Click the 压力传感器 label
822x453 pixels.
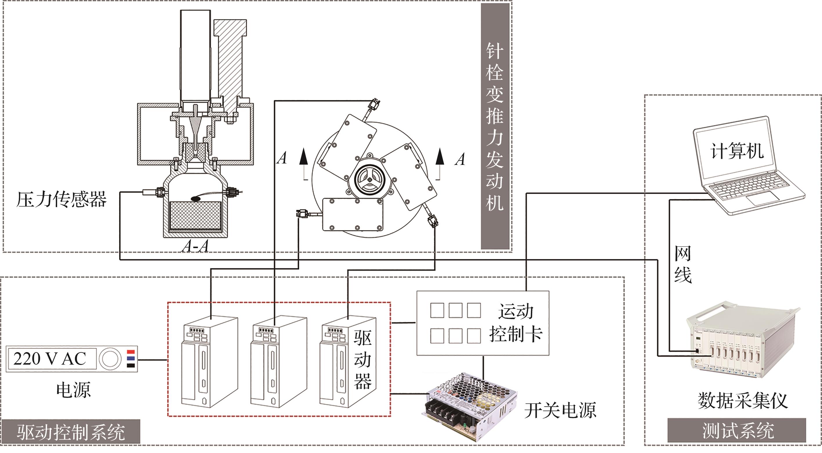61,200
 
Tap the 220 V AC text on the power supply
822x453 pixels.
50,359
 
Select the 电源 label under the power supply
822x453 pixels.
73,390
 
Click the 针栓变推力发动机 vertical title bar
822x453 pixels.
495,126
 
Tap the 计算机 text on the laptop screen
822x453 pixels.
736,151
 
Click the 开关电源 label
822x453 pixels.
560,410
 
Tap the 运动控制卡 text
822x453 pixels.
516,323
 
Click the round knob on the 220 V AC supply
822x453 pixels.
109,359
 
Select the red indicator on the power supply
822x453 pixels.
131,352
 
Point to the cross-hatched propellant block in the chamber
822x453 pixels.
195,216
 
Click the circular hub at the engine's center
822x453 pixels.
369,179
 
